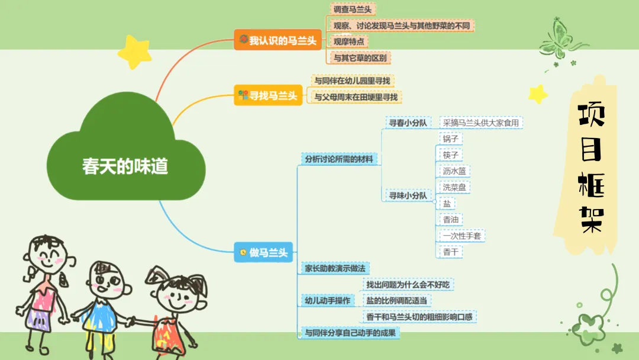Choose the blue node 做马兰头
tap(264, 252)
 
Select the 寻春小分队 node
tap(407, 123)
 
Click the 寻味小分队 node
tap(407, 195)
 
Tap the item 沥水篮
tap(454, 171)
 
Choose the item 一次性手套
tap(462, 235)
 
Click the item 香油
tap(451, 219)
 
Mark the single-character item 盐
tap(447, 203)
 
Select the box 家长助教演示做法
tap(335, 268)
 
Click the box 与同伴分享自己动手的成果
tap(349, 333)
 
